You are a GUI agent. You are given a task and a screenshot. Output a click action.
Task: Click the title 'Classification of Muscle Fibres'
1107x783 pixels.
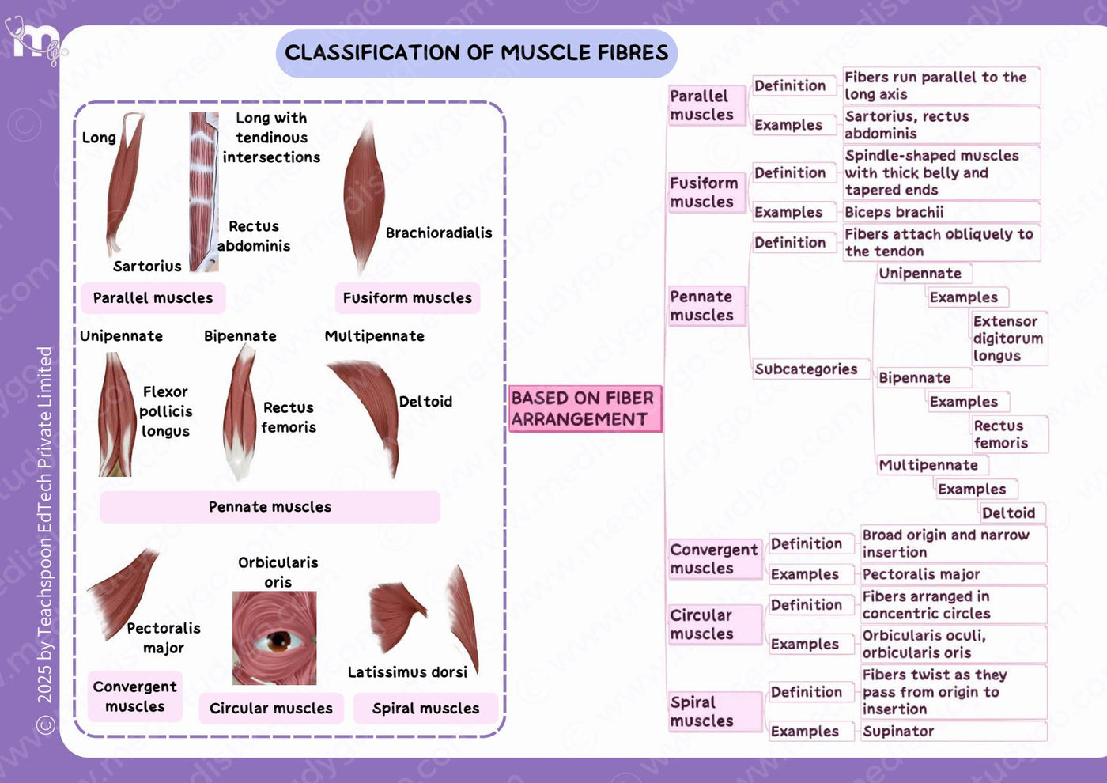point(476,53)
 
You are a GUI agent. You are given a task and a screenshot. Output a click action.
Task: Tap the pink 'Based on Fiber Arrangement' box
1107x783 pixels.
point(585,409)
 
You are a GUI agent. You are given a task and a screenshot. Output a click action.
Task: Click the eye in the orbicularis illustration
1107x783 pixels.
point(278,641)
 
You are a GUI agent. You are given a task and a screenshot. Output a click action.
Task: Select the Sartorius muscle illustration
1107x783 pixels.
point(123,183)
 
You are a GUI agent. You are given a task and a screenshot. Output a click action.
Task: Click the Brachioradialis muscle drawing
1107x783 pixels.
point(365,198)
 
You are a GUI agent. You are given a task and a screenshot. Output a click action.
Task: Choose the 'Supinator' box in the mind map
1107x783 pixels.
point(954,731)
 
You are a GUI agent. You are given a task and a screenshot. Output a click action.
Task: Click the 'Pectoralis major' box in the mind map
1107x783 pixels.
point(954,574)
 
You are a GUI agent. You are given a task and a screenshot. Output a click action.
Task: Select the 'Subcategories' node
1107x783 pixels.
point(811,369)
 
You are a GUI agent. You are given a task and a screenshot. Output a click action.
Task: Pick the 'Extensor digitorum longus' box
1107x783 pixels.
point(1009,339)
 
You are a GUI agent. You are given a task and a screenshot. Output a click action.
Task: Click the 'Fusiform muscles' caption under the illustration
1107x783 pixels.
point(408,298)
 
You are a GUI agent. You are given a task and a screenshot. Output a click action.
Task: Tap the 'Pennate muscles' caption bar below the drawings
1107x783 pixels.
point(270,507)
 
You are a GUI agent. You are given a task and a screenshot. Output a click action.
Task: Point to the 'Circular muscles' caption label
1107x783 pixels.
point(270,709)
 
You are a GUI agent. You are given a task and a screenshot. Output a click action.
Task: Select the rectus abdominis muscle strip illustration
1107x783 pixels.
point(204,191)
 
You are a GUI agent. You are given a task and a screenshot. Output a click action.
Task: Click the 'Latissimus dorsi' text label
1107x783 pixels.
point(407,672)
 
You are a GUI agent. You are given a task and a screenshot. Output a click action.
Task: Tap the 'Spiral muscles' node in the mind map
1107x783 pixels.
point(715,711)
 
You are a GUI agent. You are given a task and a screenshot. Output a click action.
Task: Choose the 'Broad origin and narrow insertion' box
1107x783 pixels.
point(954,544)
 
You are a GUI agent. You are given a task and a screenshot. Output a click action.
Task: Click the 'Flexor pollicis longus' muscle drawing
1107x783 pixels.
point(117,414)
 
